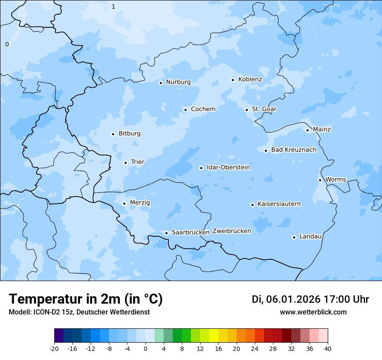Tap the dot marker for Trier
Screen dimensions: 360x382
click(x=125, y=163)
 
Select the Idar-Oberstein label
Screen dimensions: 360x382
click(x=228, y=167)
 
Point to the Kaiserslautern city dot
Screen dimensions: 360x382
click(x=252, y=205)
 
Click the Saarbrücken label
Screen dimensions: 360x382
click(x=191, y=232)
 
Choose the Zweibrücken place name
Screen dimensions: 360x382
click(x=231, y=231)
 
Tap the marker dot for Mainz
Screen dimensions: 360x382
click(x=307, y=130)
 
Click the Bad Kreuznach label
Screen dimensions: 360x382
click(x=293, y=150)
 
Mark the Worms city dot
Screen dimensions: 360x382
click(x=320, y=180)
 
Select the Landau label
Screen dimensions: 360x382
click(x=310, y=237)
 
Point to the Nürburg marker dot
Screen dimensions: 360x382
click(x=161, y=83)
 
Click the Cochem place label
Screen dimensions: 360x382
click(x=203, y=109)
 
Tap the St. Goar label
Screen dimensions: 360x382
click(x=264, y=109)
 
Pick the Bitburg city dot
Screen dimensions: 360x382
click(x=113, y=134)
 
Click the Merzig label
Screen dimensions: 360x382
click(x=140, y=203)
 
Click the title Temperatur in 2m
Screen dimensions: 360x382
click(x=86, y=299)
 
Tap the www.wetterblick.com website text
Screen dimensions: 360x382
click(x=313, y=312)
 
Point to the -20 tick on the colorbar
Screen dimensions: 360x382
click(x=54, y=348)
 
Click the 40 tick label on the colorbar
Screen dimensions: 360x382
click(x=328, y=348)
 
